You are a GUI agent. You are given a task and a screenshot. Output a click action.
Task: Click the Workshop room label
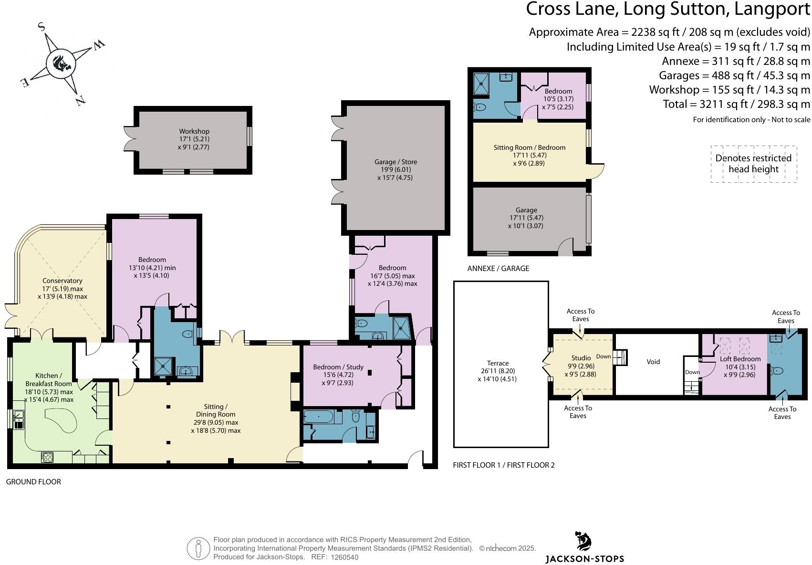[x=194, y=131]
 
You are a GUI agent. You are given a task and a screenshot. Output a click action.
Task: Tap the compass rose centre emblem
[x=61, y=64]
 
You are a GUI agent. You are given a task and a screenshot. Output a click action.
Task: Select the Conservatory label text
[x=62, y=281]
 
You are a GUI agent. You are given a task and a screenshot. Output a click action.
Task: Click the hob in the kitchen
[x=48, y=457]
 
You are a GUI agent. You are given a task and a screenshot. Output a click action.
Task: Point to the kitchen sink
[x=18, y=419]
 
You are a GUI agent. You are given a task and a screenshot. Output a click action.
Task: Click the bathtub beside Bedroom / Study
[x=318, y=417]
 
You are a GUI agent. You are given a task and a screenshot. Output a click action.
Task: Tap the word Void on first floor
[x=653, y=362]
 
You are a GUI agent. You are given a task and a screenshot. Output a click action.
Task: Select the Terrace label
[x=498, y=363]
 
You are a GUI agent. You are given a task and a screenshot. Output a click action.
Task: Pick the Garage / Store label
[x=396, y=162]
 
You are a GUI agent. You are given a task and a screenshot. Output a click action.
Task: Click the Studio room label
[x=581, y=358]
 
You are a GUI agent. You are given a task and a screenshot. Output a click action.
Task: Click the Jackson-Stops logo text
[x=585, y=559]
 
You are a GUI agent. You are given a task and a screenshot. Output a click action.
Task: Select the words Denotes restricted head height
[x=753, y=164]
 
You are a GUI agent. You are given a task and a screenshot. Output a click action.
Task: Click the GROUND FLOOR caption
[x=33, y=481]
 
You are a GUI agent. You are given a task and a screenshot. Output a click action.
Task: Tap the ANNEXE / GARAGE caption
[x=498, y=268]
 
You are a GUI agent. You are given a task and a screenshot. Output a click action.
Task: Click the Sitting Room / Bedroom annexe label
[x=529, y=147]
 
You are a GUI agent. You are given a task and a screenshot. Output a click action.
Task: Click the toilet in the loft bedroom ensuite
[x=777, y=371]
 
